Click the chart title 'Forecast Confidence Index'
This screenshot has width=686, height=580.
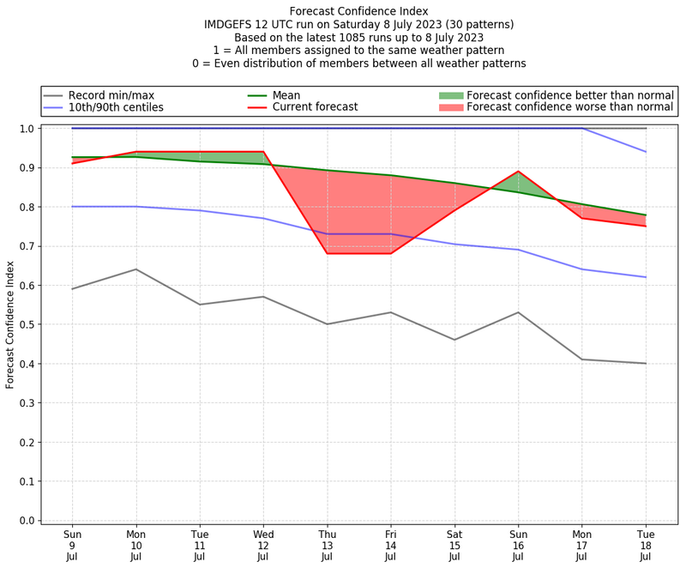click(358, 11)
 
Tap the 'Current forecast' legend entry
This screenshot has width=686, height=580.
click(315, 107)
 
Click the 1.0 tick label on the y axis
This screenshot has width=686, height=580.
click(27, 129)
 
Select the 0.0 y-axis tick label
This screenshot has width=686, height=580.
click(27, 520)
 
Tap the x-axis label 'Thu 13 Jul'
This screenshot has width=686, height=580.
click(327, 545)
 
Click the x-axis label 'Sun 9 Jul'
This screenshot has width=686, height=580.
click(72, 545)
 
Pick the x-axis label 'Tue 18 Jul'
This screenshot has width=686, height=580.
click(646, 545)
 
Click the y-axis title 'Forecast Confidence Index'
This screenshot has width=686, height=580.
click(11, 324)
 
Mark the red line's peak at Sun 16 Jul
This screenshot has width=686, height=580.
click(518, 172)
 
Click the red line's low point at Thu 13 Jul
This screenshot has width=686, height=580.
click(327, 253)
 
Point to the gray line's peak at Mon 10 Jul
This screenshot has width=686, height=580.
click(135, 269)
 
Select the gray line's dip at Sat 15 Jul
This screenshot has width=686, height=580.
click(454, 340)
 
